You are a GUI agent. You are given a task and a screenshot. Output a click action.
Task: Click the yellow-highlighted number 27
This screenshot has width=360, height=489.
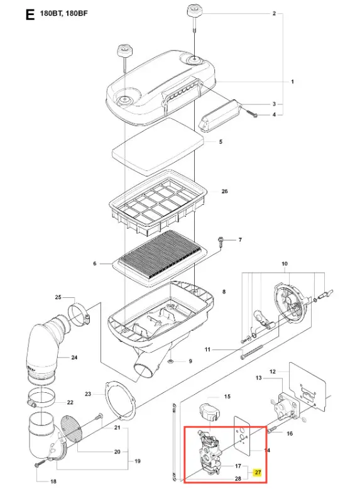pyautogui.click(x=258, y=472)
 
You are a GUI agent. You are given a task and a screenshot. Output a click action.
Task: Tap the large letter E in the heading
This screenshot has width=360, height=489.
pyautogui.click(x=30, y=14)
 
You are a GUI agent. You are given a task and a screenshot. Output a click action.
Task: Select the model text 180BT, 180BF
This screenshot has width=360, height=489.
pyautogui.click(x=63, y=13)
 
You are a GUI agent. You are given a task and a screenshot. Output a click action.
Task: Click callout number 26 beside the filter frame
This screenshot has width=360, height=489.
pyautogui.click(x=224, y=191)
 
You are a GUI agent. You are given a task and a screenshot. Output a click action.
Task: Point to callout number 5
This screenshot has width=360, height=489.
pyautogui.click(x=221, y=142)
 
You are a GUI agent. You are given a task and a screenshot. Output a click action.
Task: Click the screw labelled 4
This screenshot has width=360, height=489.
pyautogui.click(x=253, y=114)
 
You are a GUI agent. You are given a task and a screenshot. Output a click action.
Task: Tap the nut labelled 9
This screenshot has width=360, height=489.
pyautogui.click(x=170, y=361)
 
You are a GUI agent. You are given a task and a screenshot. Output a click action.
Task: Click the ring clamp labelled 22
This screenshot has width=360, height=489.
pyautogui.click(x=41, y=397)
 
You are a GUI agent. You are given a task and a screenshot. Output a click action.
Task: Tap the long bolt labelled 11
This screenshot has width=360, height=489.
pyautogui.click(x=252, y=351)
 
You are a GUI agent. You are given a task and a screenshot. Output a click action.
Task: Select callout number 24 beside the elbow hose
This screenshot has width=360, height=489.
pyautogui.click(x=74, y=358)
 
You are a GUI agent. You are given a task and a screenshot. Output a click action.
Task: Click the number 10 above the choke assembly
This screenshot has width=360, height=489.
pyautogui.click(x=285, y=264)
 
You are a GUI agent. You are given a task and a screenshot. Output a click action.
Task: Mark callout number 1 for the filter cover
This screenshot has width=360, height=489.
pyautogui.click(x=292, y=82)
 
